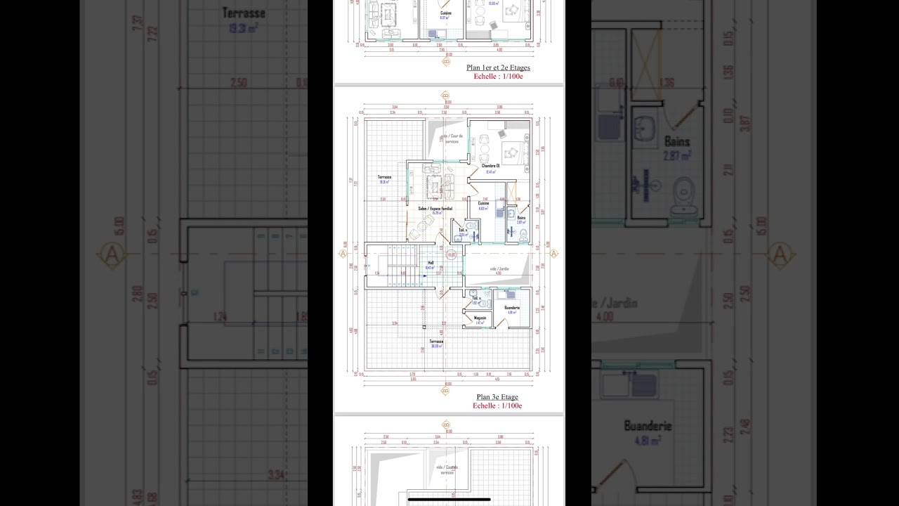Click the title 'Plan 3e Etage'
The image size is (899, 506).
497,397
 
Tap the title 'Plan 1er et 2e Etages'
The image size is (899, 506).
498,68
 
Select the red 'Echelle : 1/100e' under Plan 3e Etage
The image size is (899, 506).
497,406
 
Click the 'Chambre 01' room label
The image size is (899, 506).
491,166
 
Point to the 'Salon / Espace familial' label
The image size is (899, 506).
435,209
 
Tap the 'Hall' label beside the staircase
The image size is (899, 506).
430,263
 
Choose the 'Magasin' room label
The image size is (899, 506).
480,318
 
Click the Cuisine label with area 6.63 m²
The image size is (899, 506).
483,204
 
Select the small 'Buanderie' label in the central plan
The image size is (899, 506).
511,308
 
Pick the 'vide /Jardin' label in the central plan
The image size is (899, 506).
499,268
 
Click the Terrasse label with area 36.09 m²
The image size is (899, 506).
437,342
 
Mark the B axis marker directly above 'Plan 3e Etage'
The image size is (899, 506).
446,390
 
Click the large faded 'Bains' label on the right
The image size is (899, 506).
677,142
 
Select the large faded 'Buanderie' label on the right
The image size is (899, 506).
648,426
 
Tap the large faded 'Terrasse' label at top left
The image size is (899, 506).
243,13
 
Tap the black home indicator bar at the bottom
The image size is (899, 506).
449,499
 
